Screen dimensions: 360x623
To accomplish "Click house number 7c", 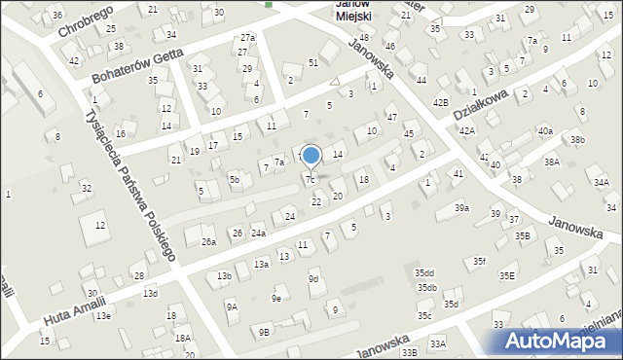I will point(311,180).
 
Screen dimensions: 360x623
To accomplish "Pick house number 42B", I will point(441,102).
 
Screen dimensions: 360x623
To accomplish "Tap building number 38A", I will point(552,162).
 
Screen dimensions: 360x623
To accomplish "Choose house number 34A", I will point(602,183).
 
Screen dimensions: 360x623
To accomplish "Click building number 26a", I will point(208,241).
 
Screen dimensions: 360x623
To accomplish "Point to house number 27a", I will point(247,38).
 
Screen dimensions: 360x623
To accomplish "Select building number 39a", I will point(461,208).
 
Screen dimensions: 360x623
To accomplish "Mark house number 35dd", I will point(423,273).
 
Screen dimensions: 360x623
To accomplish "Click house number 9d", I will point(313,279).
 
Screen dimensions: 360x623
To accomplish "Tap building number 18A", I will point(182,338).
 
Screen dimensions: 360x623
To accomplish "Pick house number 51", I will point(312,63).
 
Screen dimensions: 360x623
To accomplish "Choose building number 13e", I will point(103,316).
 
